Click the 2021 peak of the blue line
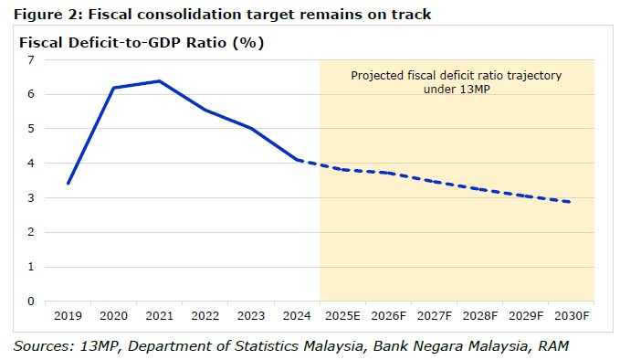point(160,81)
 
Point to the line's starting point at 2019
point(68,183)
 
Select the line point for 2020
point(114,88)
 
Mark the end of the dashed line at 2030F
point(570,202)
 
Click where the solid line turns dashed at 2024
point(298,160)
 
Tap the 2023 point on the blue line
point(251,129)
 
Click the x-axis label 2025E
point(342,316)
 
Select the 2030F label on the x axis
point(572,316)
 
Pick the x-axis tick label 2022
point(205,316)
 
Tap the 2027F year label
point(434,316)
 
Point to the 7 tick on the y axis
point(31,60)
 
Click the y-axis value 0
point(31,302)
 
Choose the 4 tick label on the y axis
point(31,164)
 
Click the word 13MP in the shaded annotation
point(474,89)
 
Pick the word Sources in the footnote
point(44,346)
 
